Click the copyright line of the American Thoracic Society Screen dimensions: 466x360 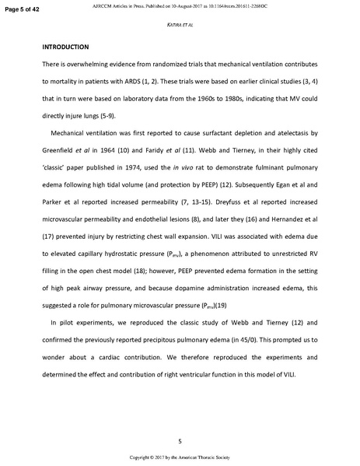pos(180,457)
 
